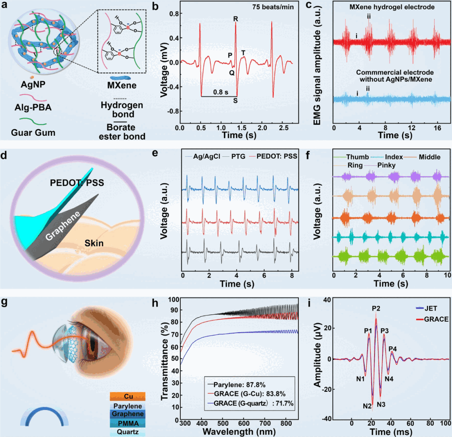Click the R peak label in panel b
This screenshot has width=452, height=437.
coord(236,19)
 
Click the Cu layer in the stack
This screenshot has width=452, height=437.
coord(128,396)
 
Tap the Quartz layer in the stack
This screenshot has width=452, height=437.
coord(128,432)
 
